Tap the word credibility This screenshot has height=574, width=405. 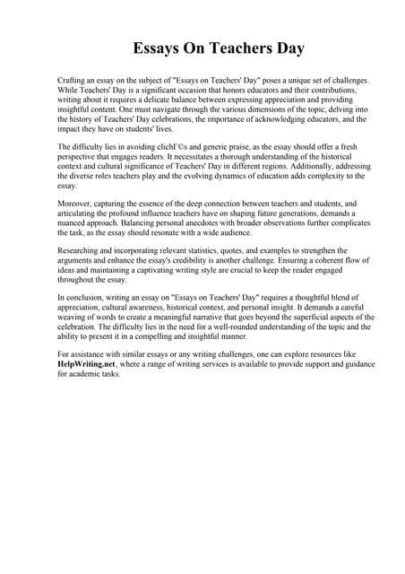(x=228, y=260)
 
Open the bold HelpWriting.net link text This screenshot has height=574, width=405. (x=87, y=364)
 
